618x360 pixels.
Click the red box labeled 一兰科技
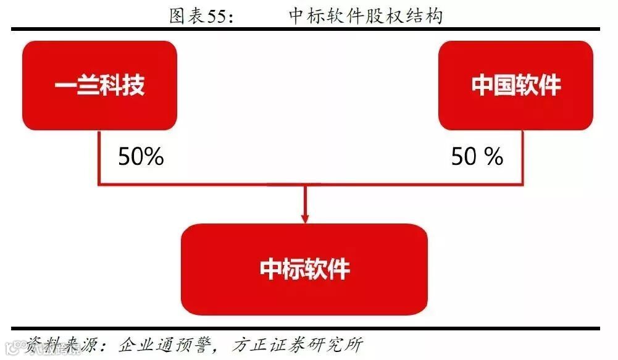coord(99,85)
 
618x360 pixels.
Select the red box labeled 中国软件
coord(516,85)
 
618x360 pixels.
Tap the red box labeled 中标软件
coord(304,269)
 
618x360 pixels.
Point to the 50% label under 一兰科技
coord(141,157)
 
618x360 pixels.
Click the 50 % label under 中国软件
coord(477,157)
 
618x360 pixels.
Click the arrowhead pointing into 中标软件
coord(304,217)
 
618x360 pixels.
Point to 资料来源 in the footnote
coord(59,345)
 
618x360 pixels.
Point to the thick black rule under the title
coord(304,29)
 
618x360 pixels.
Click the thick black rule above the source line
coord(304,328)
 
